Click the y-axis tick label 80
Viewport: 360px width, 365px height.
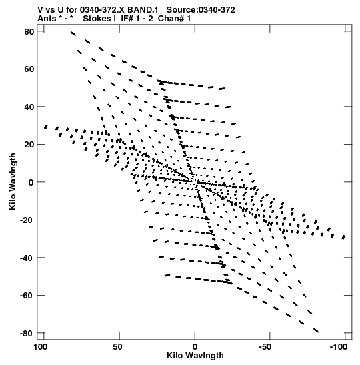point(29,31)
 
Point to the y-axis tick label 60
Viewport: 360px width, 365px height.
point(29,69)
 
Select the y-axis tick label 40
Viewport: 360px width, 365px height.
point(29,107)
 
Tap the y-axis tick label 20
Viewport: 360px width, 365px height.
point(29,145)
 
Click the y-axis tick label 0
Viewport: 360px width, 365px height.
point(31,182)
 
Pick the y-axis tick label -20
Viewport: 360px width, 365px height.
point(27,220)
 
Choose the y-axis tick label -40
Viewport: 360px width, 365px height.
point(27,258)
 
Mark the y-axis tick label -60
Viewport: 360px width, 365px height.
point(27,296)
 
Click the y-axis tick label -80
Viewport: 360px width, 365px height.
point(27,333)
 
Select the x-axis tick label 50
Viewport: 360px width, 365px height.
point(118,347)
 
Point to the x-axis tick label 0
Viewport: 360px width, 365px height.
point(195,347)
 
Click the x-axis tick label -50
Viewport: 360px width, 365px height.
point(265,347)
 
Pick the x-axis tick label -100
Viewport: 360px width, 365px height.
point(339,347)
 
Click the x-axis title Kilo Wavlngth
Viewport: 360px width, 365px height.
point(195,356)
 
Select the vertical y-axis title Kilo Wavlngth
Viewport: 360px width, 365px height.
point(13,181)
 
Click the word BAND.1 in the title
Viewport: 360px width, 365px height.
point(143,10)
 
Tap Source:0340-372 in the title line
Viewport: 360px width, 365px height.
point(201,10)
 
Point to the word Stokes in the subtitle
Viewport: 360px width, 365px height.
point(97,19)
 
